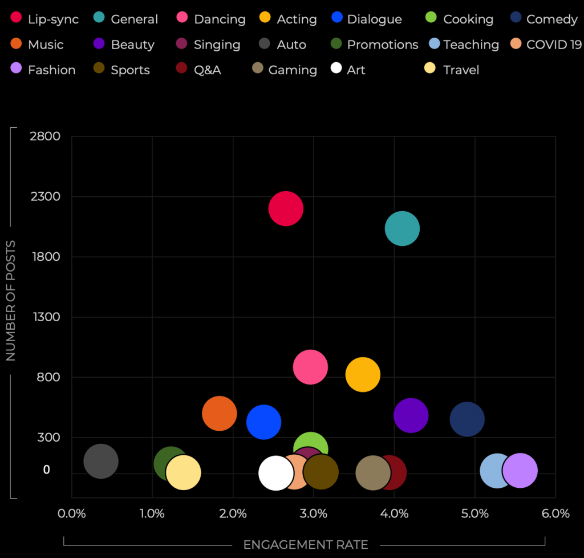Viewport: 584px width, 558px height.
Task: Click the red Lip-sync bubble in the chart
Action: point(286,209)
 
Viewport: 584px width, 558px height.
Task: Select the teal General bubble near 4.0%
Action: point(402,228)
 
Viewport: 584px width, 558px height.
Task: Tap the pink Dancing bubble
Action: point(310,367)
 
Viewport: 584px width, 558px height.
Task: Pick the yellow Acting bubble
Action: point(363,374)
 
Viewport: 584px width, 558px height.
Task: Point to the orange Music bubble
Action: point(220,414)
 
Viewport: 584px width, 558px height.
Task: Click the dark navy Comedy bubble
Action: point(467,419)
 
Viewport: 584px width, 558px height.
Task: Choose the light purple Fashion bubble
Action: point(520,471)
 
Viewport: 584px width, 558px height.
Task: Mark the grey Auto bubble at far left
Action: point(101,461)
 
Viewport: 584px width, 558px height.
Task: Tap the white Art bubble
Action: point(275,472)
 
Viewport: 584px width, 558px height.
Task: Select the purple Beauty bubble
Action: point(411,415)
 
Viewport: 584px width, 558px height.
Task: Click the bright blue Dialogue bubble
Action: point(263,422)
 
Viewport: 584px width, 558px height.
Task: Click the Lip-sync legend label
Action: point(53,19)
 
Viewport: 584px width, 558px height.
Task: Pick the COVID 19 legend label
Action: point(554,45)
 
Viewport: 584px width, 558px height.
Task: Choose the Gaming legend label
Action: point(293,70)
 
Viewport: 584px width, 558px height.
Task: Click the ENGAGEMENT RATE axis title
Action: point(306,545)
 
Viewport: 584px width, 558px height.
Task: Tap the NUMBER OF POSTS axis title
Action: point(11,301)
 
